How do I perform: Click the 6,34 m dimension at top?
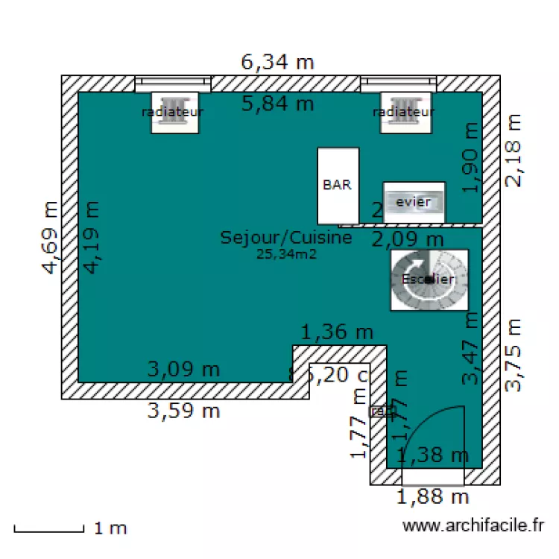(x=277, y=62)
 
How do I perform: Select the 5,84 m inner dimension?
(x=277, y=104)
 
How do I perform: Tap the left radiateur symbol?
(x=174, y=113)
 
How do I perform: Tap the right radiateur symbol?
(x=404, y=113)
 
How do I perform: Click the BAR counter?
(x=338, y=186)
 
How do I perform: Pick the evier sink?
(x=414, y=202)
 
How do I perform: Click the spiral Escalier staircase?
(x=429, y=279)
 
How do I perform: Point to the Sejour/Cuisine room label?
(x=285, y=238)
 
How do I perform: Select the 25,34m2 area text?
(x=285, y=254)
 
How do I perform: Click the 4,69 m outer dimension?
(x=50, y=238)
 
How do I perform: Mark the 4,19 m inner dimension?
(x=90, y=238)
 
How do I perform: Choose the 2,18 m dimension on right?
(x=514, y=150)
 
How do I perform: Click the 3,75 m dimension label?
(x=514, y=354)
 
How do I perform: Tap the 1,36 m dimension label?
(x=337, y=332)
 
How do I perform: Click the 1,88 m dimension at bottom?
(x=432, y=496)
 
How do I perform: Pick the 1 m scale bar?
(x=48, y=531)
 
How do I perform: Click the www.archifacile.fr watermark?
(x=473, y=526)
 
